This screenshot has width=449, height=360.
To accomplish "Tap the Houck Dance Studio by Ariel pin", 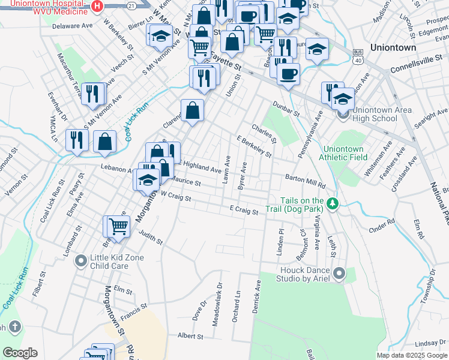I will point(339,274).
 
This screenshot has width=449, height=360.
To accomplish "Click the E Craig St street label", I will point(244,210).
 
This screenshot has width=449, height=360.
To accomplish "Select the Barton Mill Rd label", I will point(305,182).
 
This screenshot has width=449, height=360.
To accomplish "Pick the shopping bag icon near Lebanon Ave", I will point(104,141).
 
